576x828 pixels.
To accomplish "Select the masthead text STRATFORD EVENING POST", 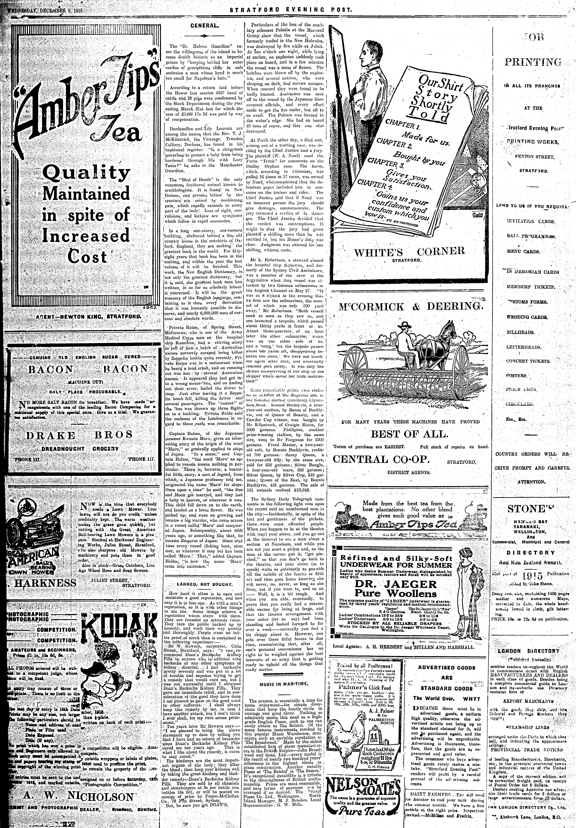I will point(290,10).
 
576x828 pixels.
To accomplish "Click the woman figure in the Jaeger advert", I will point(470,584).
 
